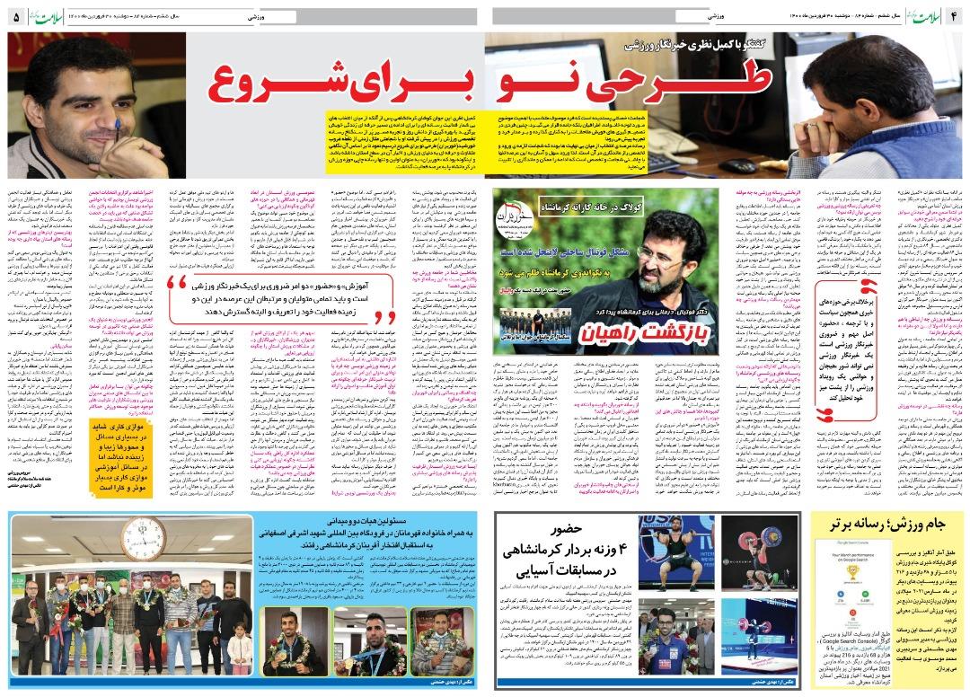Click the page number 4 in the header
point(957,16)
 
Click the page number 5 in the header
point(14,16)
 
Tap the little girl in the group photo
point(239,641)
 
